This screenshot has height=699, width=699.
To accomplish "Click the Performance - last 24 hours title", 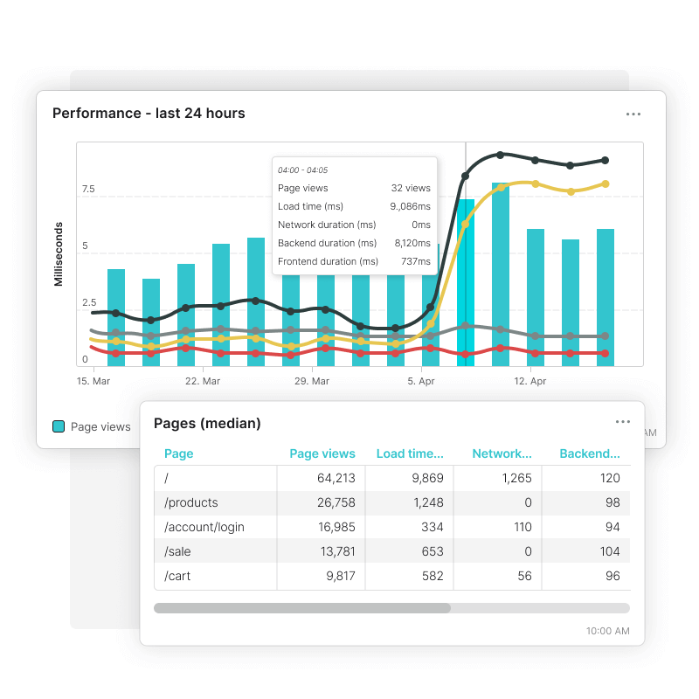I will click(149, 113).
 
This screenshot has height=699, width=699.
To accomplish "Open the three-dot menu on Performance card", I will click(633, 114).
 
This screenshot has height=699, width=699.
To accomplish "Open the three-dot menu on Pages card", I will click(622, 422).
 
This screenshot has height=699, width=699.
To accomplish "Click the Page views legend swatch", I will click(59, 426).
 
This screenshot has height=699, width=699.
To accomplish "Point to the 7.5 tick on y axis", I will click(88, 189).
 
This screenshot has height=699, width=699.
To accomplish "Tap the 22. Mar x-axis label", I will click(203, 381).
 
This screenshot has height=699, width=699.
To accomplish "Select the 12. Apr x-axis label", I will click(530, 381).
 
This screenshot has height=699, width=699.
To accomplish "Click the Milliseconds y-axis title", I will click(59, 253).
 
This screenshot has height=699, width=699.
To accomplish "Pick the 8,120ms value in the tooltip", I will click(412, 243).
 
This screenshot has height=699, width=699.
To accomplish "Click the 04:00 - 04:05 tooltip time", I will click(302, 170).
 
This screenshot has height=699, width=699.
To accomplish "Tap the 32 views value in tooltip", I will click(411, 188).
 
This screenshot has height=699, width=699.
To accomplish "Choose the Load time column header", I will click(410, 453).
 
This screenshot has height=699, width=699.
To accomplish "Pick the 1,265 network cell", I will click(514, 478).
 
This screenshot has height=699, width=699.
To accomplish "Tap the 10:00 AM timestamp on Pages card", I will click(608, 631).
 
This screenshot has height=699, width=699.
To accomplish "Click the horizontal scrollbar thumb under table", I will click(302, 608).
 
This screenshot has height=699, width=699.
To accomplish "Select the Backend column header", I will click(590, 453).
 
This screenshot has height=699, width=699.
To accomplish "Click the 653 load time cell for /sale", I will click(428, 551).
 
